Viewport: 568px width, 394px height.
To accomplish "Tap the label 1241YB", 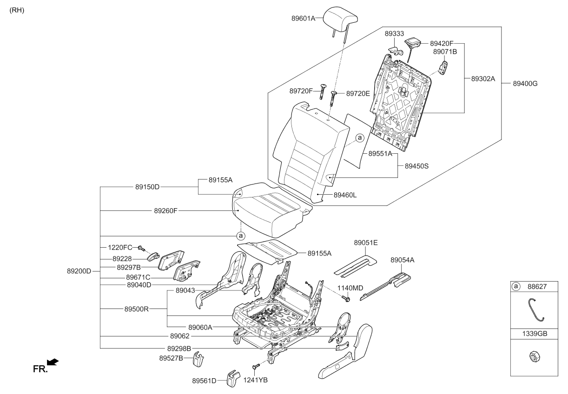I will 256,380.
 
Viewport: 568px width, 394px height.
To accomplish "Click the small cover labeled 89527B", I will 199,358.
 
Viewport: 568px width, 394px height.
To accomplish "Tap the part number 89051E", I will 366,243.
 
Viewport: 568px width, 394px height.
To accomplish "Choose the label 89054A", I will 402,260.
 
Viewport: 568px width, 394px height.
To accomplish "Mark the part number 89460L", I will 345,195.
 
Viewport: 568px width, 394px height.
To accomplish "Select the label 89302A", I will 483,79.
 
